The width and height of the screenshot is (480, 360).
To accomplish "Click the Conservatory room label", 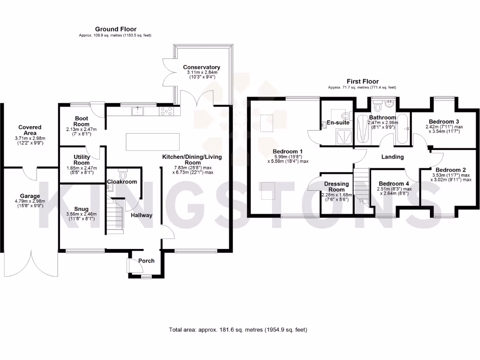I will pos(202,67).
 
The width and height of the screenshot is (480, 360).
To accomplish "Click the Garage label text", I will pos(30,196).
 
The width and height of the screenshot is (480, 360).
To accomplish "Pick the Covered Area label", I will pos(30,130).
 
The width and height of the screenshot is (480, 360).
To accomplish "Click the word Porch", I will pos(146,261).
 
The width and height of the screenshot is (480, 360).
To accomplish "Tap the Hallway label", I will pos(141,215).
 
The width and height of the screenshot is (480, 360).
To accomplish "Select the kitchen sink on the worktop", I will pos(138,111).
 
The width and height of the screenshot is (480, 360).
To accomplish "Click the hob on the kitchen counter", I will pos(167,111).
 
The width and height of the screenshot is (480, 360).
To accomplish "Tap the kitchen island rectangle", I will pos(152,142).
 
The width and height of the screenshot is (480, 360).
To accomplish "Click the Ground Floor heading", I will pos(115,29).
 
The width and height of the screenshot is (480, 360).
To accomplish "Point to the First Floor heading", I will pos(362,81).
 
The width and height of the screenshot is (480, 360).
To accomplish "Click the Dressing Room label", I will pos(337,187).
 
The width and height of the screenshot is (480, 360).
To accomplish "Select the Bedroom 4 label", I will pos(394,184).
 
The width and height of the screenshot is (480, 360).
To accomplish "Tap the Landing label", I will pos(392,157).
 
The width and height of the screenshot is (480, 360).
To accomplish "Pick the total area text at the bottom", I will pos(238,330).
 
